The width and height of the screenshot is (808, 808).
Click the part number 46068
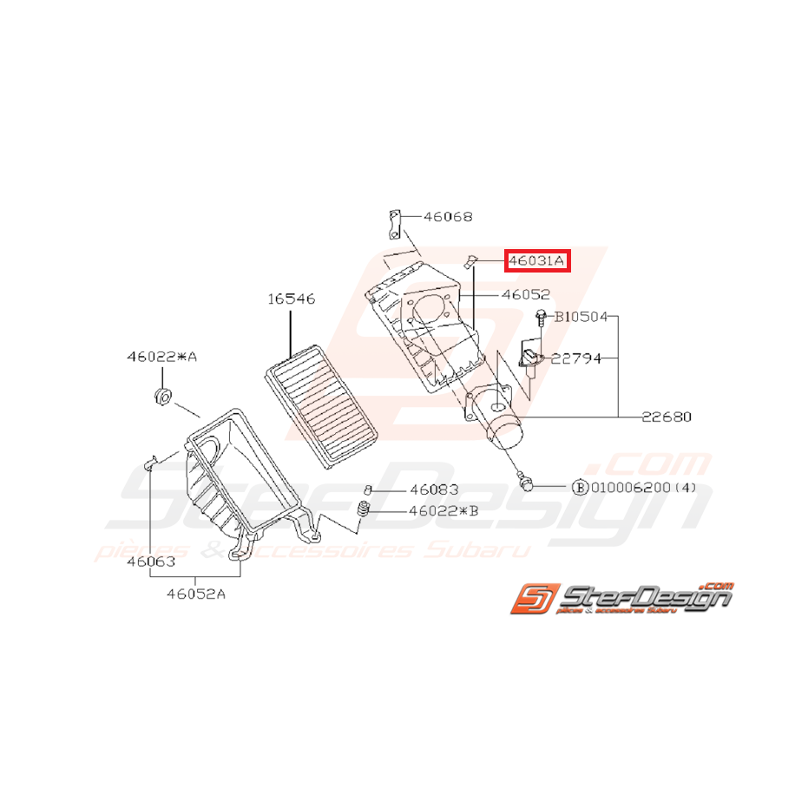coord(449,216)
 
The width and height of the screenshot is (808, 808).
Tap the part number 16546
coord(291,299)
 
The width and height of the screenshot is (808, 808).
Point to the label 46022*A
coord(161,356)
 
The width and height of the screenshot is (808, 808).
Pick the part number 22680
coord(667,417)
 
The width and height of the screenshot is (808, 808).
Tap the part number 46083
coord(434,489)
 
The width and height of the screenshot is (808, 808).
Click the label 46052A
coord(196,595)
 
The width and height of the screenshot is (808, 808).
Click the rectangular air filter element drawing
coord(322,404)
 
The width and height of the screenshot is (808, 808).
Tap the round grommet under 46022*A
coord(161,397)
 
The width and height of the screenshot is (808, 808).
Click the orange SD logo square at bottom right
coord(529,600)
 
